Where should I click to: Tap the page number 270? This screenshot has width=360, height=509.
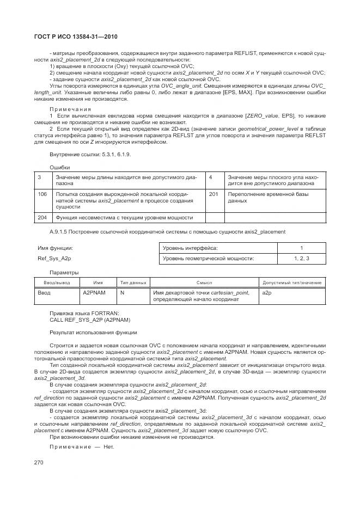pyautogui.click(x=39, y=462)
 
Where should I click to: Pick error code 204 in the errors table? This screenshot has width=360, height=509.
pyautogui.click(x=42, y=217)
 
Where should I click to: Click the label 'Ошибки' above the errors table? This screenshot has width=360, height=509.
pyautogui.click(x=59, y=167)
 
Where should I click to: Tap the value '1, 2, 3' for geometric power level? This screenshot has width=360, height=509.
pyautogui.click(x=301, y=259)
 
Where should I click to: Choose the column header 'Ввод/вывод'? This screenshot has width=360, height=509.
pyautogui.click(x=57, y=283)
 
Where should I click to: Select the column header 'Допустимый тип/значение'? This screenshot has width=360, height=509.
pyautogui.click(x=292, y=283)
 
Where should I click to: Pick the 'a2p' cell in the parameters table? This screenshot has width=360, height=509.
pyautogui.click(x=267, y=293)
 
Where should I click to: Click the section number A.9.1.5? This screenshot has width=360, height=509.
pyautogui.click(x=60, y=231)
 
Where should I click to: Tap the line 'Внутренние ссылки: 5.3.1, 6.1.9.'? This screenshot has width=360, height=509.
pyautogui.click(x=90, y=155)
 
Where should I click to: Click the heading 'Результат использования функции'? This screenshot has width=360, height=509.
pyautogui.click(x=93, y=332)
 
